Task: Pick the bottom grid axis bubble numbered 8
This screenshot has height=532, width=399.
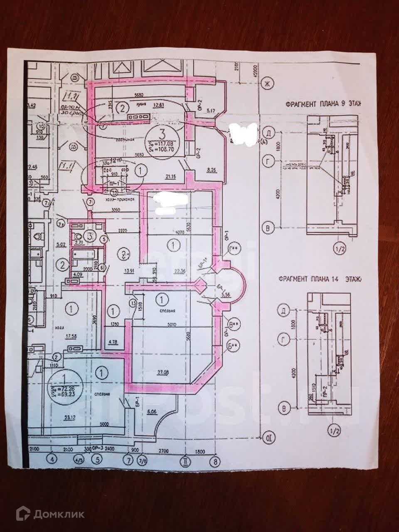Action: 214,460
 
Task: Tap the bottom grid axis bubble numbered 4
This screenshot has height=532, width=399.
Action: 52,460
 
